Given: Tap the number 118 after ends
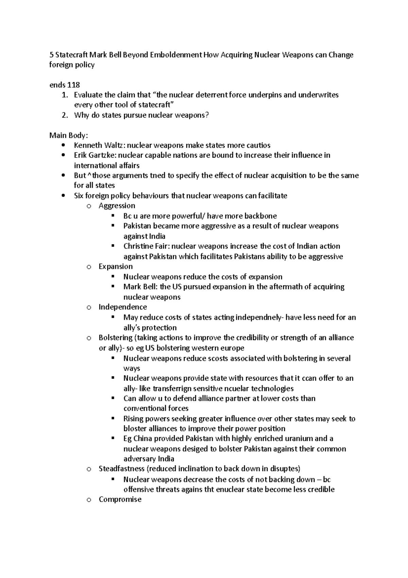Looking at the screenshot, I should pyautogui.click(x=73, y=85).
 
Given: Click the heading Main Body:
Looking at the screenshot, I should pyautogui.click(x=69, y=135).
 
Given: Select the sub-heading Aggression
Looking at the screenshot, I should pyautogui.click(x=117, y=206).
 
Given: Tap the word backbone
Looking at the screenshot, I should pyautogui.click(x=260, y=216).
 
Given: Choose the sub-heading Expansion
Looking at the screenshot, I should pyautogui.click(x=116, y=267).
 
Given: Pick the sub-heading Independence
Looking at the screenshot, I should pyautogui.click(x=123, y=307).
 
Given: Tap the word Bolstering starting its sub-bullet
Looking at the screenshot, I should pyautogui.click(x=115, y=338).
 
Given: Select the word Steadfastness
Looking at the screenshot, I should pyautogui.click(x=121, y=469).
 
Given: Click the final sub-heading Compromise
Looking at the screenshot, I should pyautogui.click(x=120, y=499).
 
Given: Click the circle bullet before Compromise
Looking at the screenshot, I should pyautogui.click(x=89, y=500).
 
